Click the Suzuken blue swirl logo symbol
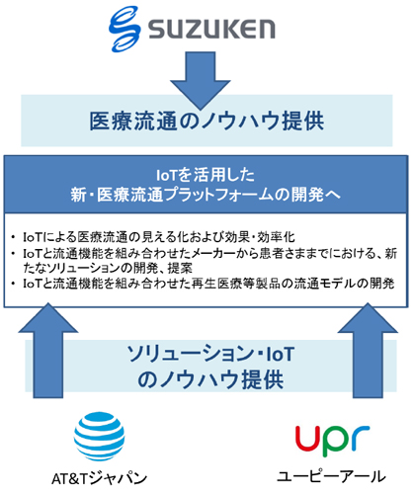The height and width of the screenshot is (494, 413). click(x=124, y=29)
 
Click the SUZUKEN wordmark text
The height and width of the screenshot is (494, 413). click(x=211, y=29)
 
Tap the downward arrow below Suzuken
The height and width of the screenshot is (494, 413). click(x=200, y=80)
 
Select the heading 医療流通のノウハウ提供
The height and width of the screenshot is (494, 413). click(x=206, y=122)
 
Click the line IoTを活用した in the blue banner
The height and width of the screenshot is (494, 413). click(x=206, y=175)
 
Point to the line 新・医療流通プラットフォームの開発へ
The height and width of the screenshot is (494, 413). click(x=206, y=195)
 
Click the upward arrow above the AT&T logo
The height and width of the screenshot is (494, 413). click(x=48, y=351)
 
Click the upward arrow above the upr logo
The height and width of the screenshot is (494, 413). click(x=368, y=351)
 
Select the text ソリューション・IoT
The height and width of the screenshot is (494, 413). click(x=210, y=354)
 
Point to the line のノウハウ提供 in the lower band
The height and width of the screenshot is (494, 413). click(x=210, y=379)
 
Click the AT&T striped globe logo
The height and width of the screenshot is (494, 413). click(x=99, y=437)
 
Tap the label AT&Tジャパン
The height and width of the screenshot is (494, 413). click(x=100, y=478)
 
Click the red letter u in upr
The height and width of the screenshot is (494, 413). click(x=307, y=438)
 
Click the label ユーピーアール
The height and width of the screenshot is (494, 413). click(x=332, y=477)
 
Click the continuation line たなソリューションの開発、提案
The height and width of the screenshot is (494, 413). click(x=108, y=268)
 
